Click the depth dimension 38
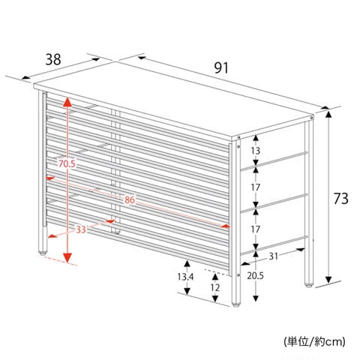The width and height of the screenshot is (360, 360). [53, 60]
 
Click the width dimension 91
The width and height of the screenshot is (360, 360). [221, 68]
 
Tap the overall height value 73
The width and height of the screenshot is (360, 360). [341, 199]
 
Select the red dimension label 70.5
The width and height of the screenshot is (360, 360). [67, 164]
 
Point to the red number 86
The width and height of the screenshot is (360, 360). [130, 199]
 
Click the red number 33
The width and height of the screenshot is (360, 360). [81, 229]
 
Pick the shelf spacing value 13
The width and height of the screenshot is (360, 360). [256, 151]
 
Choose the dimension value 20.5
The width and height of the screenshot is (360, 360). [256, 276]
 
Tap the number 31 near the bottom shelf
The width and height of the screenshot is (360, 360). [273, 256]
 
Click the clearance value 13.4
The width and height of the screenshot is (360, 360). [185, 277]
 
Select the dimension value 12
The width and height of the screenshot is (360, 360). [215, 287]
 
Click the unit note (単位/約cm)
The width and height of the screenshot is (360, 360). [314, 341]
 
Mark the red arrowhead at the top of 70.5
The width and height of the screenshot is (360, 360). [67, 102]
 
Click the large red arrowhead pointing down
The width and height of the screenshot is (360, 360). [67, 258]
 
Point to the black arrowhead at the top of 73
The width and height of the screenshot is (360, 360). [328, 114]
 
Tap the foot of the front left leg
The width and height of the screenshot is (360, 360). [43, 253]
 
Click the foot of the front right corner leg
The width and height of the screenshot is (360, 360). [235, 304]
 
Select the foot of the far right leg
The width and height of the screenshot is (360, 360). [309, 285]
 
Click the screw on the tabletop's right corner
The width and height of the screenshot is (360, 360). [312, 118]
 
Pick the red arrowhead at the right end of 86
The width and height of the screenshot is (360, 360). [226, 226]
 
